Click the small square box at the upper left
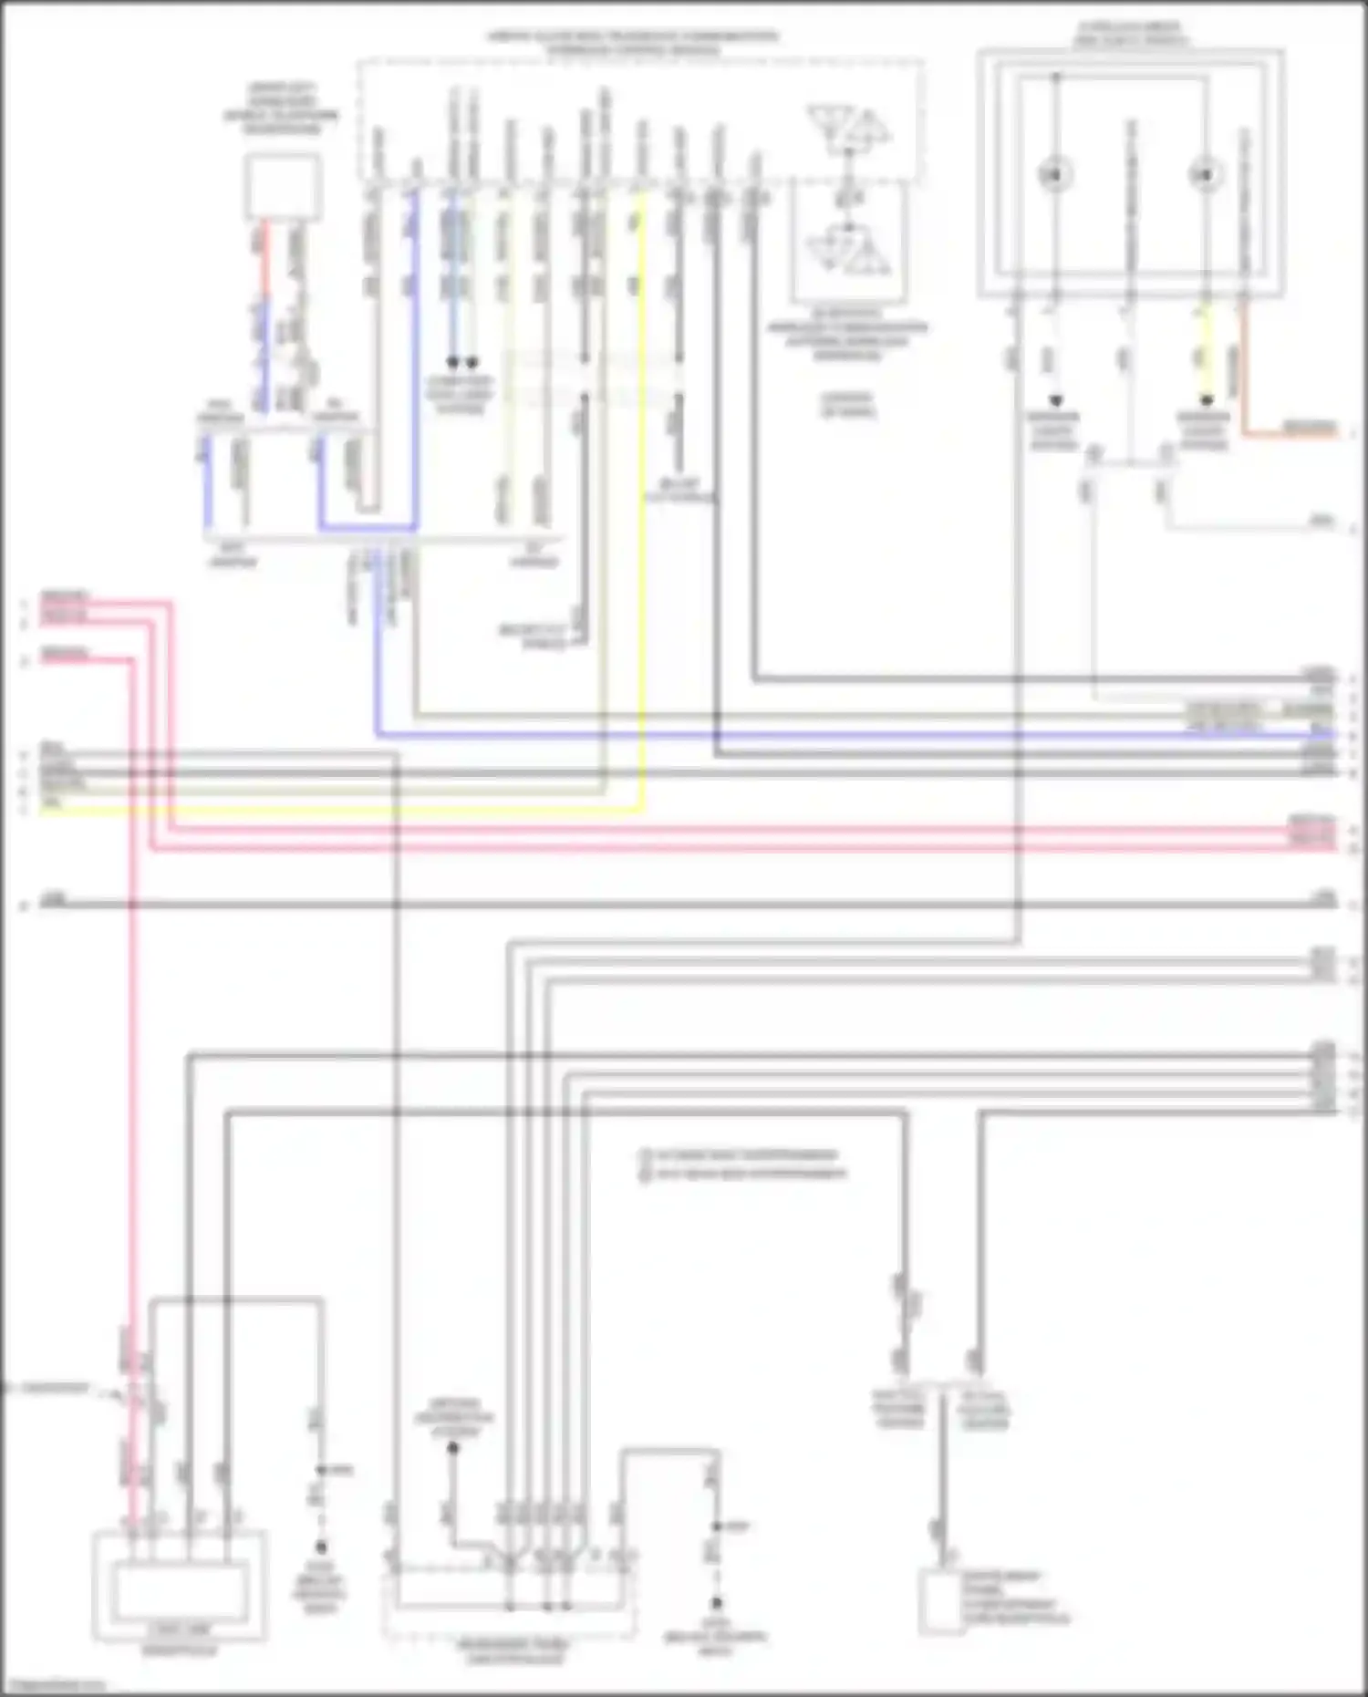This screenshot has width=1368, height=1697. (282, 186)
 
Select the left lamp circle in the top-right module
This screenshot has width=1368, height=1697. (1055, 174)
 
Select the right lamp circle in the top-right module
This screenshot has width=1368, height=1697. (1206, 174)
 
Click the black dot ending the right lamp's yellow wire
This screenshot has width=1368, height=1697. (1207, 400)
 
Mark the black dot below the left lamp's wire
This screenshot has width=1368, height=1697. (1055, 400)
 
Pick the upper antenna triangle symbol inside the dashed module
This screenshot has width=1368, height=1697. (849, 128)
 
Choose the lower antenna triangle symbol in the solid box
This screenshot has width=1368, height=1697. (849, 249)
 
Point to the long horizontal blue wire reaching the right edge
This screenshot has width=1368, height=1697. (821, 735)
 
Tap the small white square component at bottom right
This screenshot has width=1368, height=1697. (941, 1601)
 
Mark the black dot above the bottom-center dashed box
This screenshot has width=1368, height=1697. (453, 1448)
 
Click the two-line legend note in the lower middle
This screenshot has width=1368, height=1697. (743, 1164)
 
